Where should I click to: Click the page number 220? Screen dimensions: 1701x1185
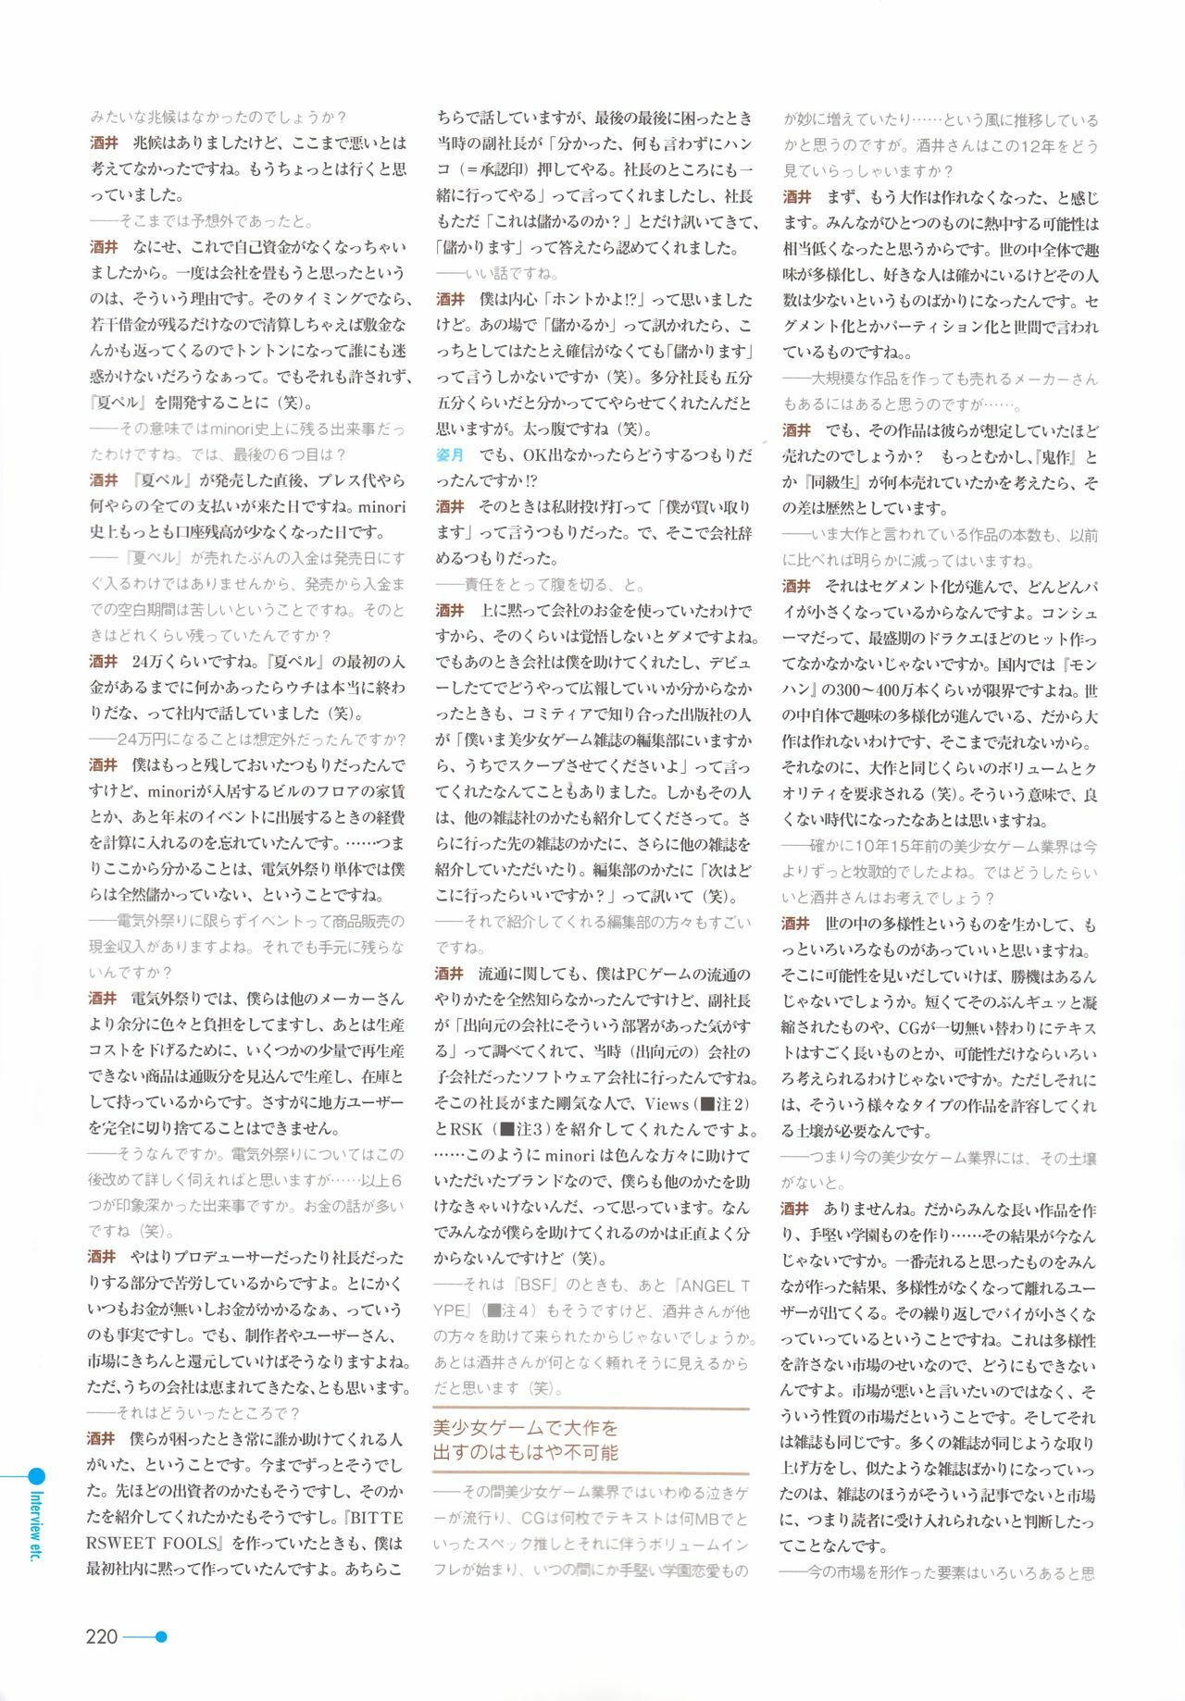(x=102, y=1636)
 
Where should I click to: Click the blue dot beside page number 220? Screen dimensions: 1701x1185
(x=160, y=1636)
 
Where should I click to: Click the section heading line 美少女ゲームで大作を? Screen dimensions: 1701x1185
(x=525, y=1428)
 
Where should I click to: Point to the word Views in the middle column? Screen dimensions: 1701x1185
(x=667, y=1104)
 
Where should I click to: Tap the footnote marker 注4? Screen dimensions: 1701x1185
(x=518, y=1311)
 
